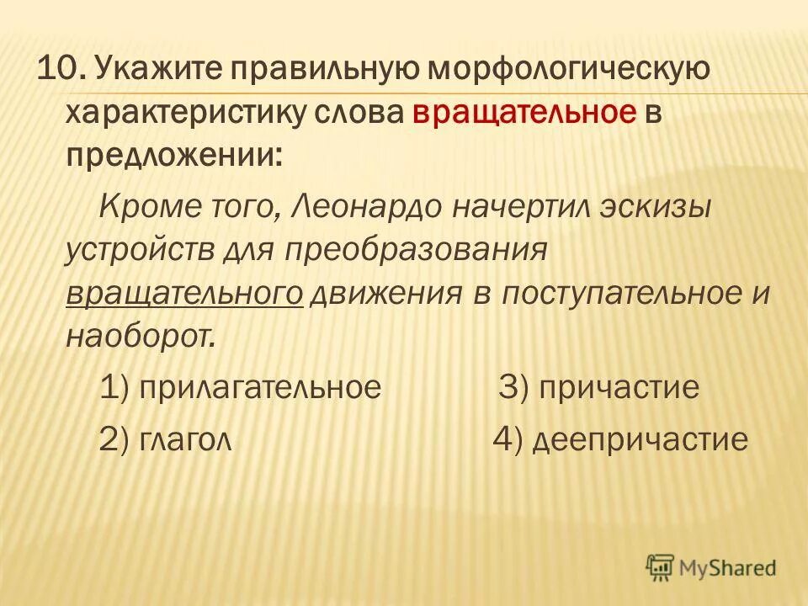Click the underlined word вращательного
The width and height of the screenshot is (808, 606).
pyautogui.click(x=184, y=293)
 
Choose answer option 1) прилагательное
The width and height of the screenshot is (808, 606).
pyautogui.click(x=240, y=387)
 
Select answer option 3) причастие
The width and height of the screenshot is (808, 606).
pyautogui.click(x=599, y=387)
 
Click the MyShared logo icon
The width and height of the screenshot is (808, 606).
pyautogui.click(x=660, y=568)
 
